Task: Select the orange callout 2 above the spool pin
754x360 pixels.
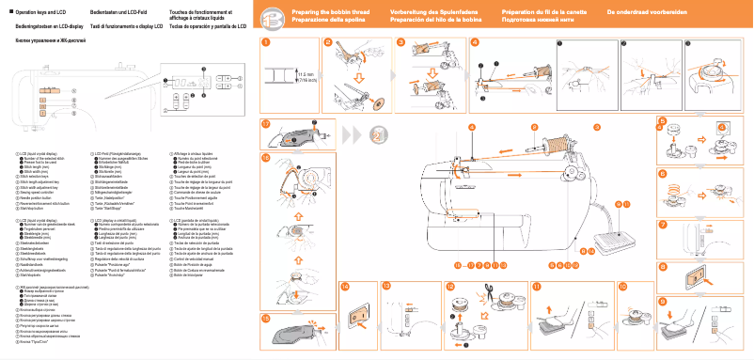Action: coord(533,127)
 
